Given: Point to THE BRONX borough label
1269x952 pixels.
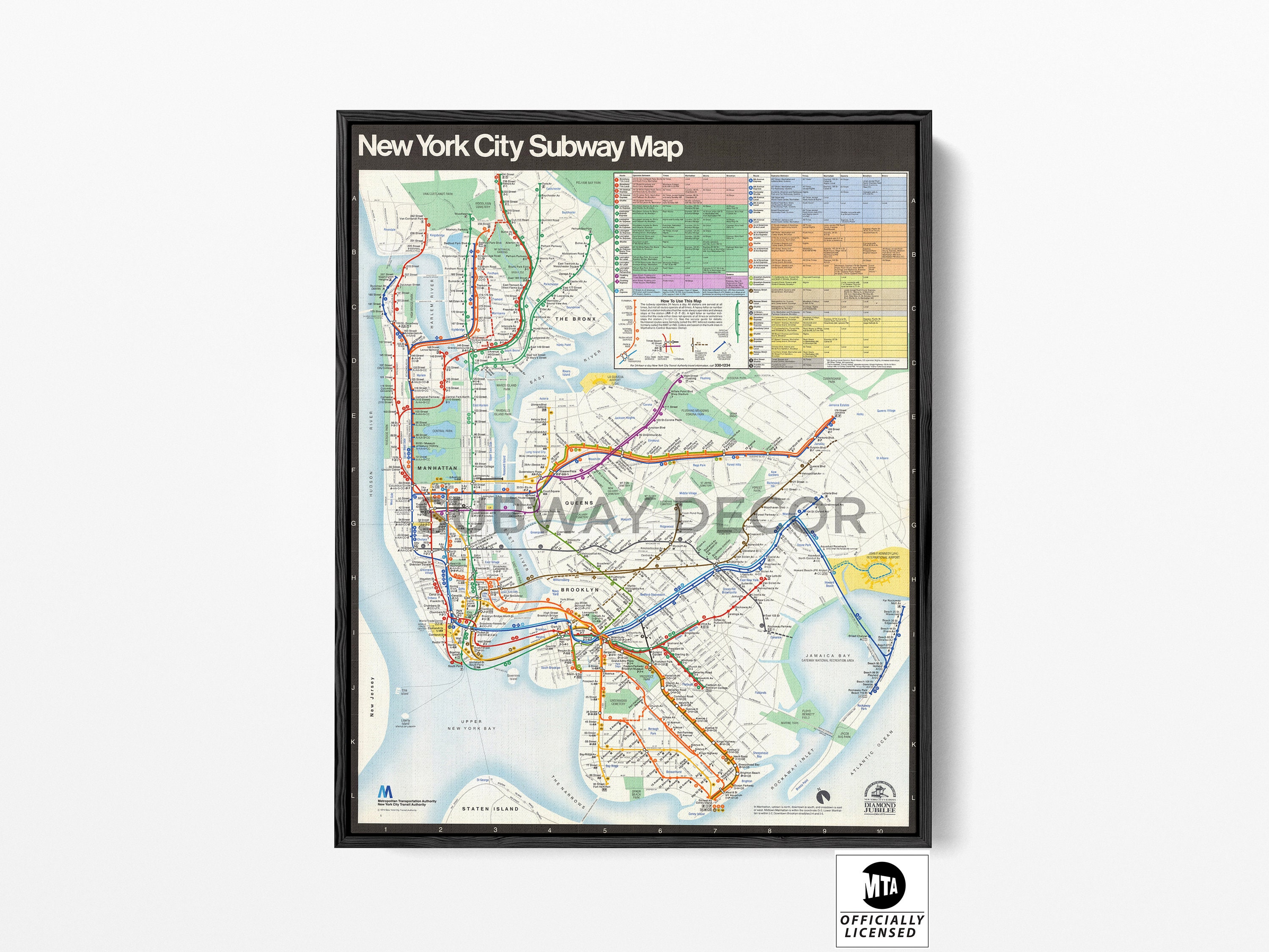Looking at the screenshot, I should point(575,319).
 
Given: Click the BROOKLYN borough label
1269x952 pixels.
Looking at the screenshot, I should point(580,590).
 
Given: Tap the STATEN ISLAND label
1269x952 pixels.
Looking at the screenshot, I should point(489,809).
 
